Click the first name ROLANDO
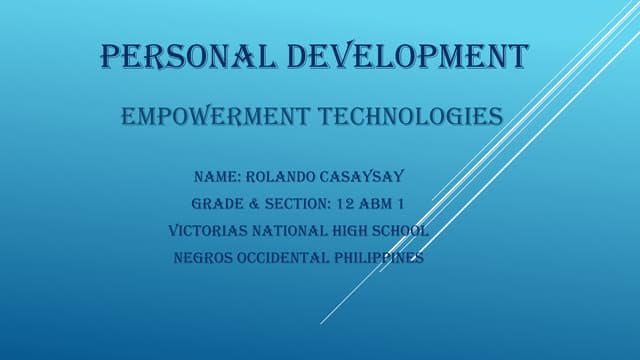(x=289, y=178)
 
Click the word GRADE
(x=218, y=205)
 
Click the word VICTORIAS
(x=209, y=231)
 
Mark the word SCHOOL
(x=402, y=231)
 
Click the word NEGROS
(x=203, y=257)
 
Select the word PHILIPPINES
(x=382, y=257)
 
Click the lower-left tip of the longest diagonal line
(x=321, y=323)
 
